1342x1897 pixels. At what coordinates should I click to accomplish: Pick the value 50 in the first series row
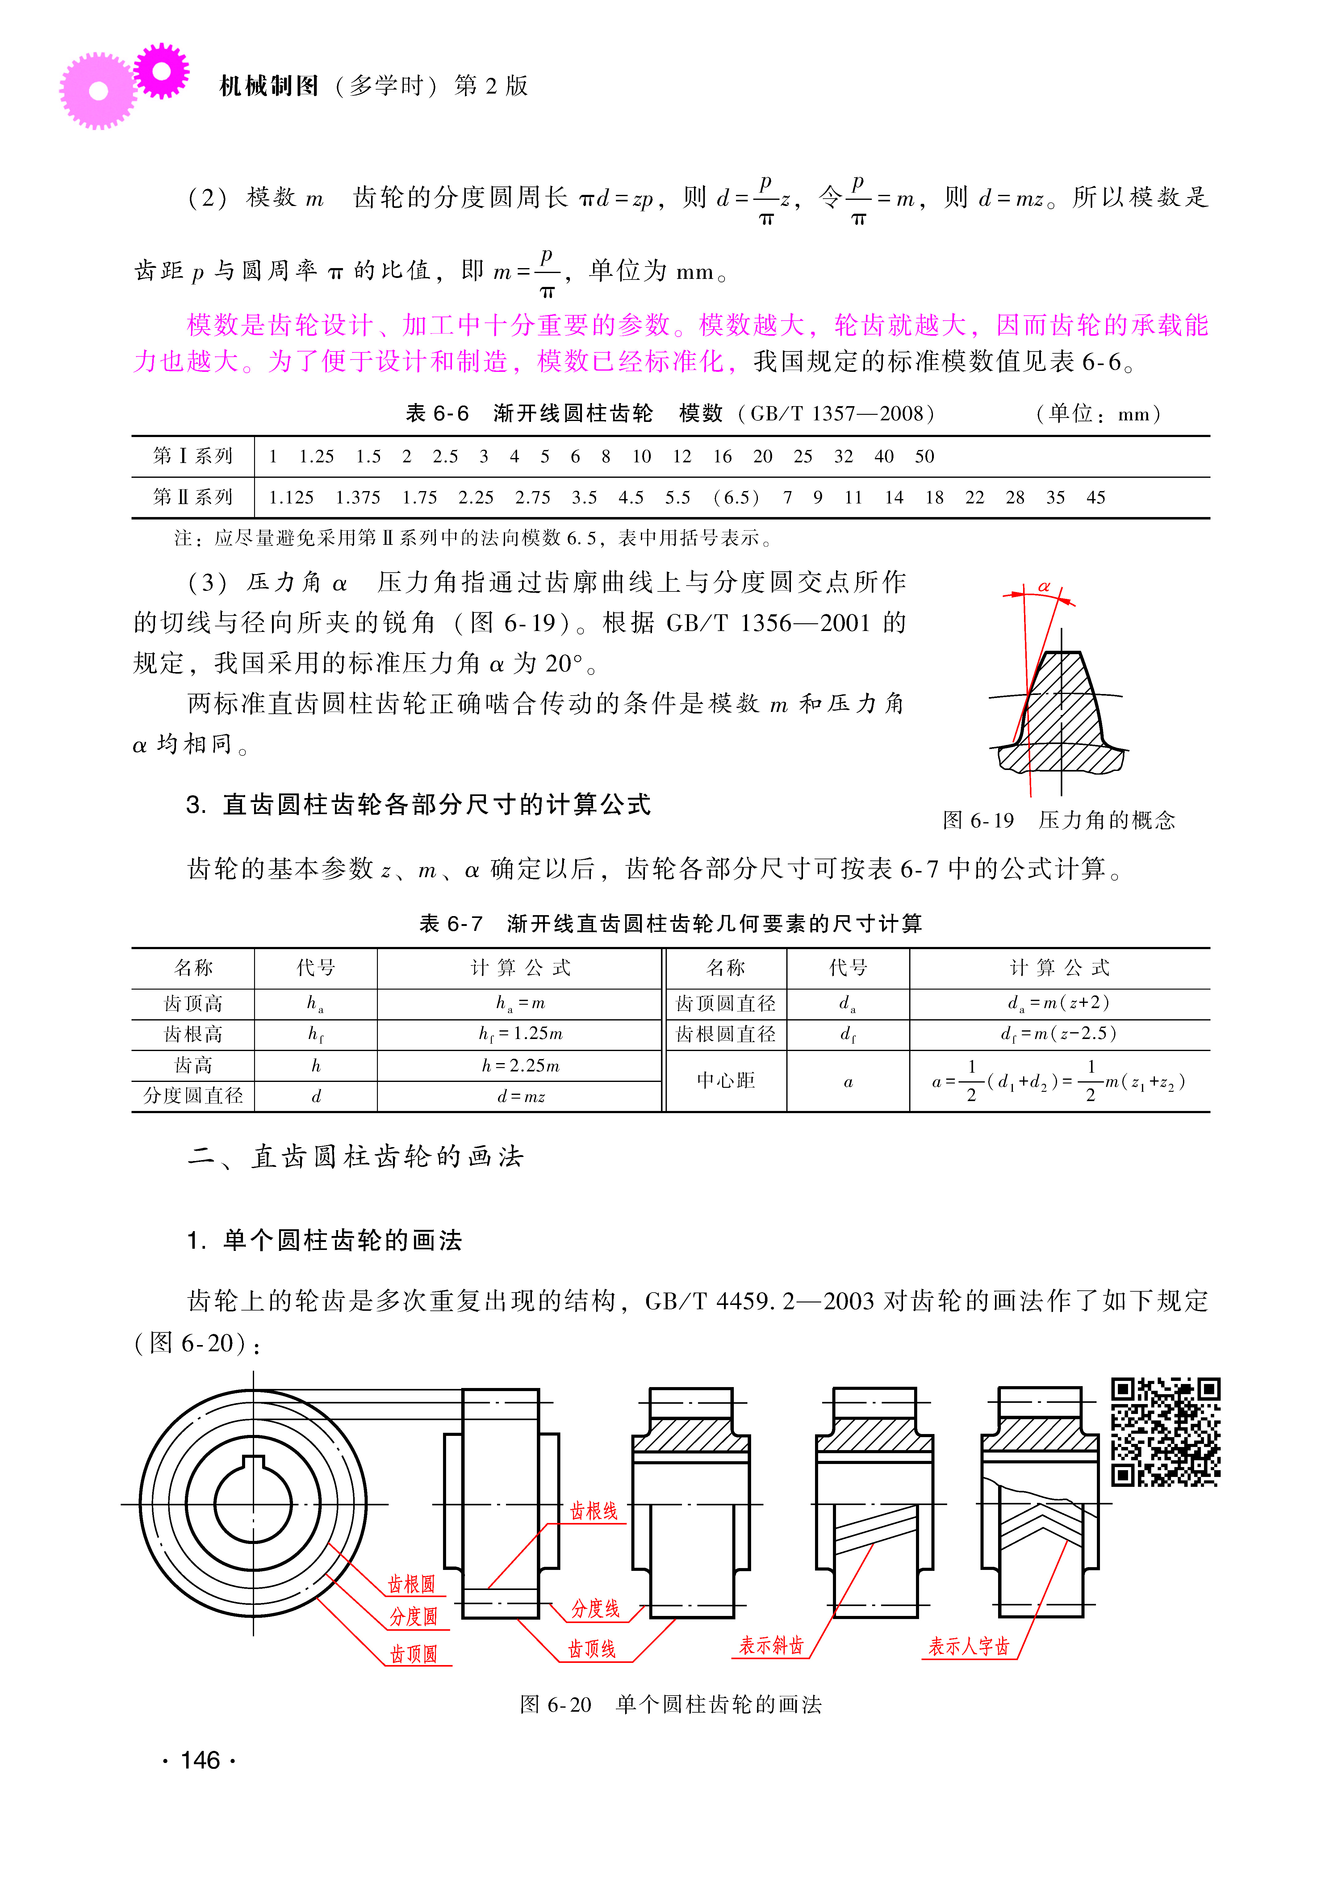tap(924, 456)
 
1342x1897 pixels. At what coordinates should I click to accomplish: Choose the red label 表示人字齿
tap(968, 1647)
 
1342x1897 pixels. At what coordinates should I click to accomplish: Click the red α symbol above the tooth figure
tap(1044, 587)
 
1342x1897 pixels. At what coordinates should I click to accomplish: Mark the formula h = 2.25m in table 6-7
tap(520, 1066)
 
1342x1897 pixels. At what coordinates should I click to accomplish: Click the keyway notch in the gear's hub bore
tap(253, 1463)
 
